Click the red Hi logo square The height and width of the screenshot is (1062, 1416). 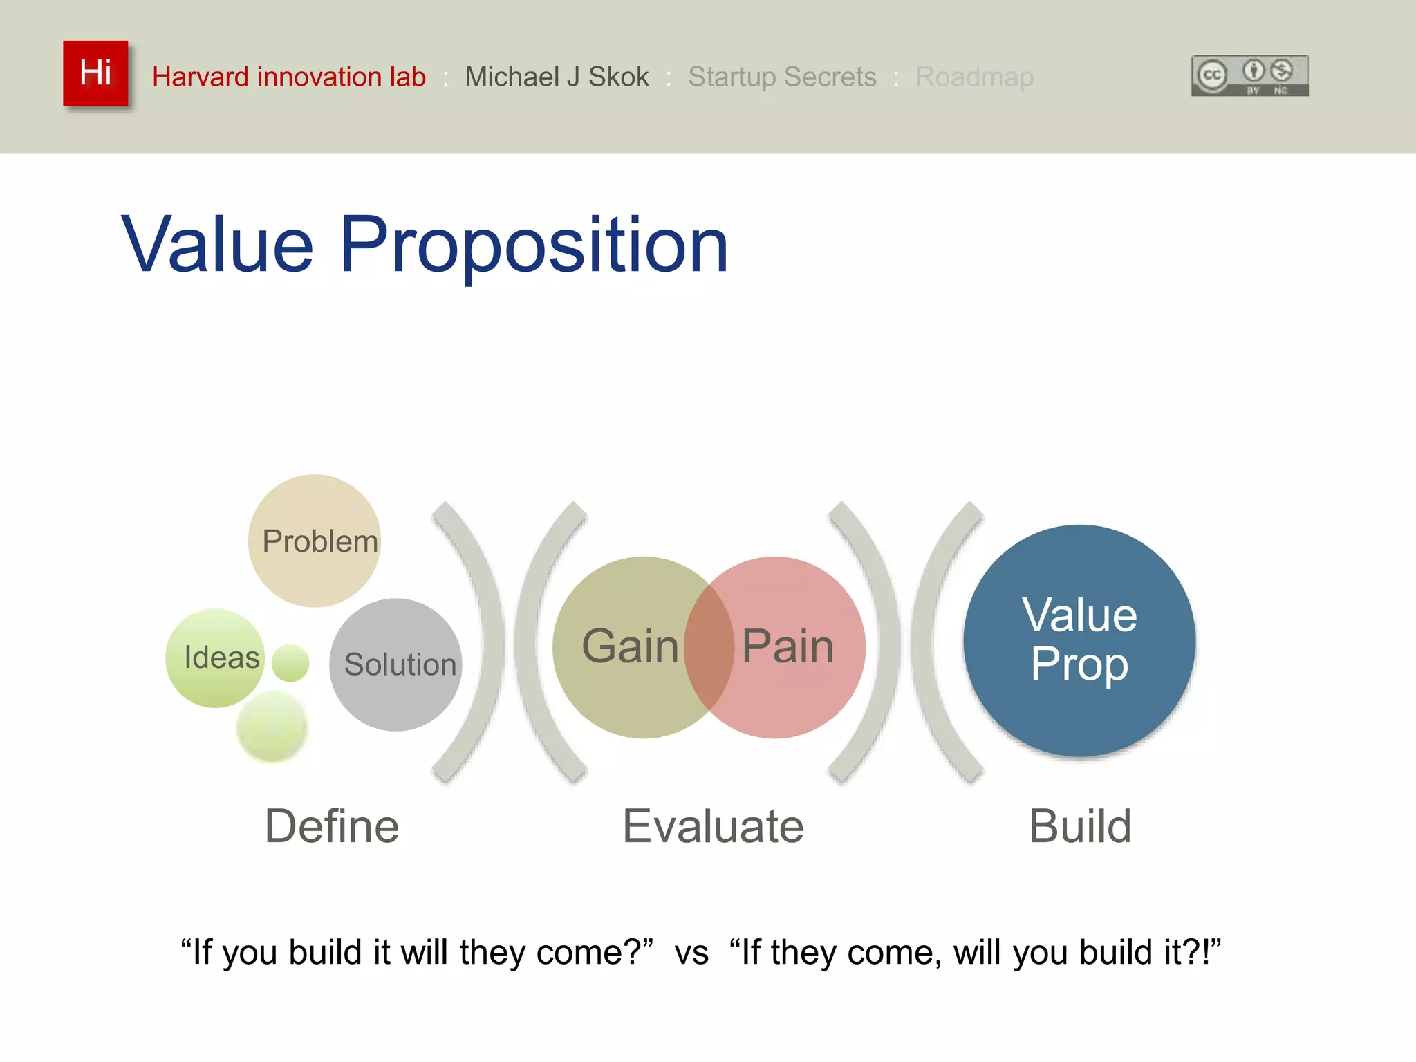click(x=95, y=73)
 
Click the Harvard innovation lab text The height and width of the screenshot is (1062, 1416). click(x=288, y=77)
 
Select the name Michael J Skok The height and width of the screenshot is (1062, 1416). click(x=557, y=77)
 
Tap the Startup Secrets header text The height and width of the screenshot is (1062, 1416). click(x=781, y=77)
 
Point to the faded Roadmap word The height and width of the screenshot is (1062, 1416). click(x=974, y=77)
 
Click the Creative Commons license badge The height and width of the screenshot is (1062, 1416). click(x=1249, y=75)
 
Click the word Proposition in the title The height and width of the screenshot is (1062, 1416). click(x=534, y=245)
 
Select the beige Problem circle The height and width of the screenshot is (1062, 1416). click(x=315, y=541)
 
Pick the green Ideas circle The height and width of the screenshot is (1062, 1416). click(x=216, y=658)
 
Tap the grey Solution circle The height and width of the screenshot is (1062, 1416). click(x=396, y=664)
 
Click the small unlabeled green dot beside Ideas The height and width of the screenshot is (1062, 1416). click(x=290, y=663)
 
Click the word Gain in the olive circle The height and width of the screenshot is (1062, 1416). click(x=629, y=646)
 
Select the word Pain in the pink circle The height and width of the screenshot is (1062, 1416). click(x=788, y=646)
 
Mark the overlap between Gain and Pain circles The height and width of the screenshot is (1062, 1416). click(x=709, y=646)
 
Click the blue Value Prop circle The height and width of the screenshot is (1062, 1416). click(x=1079, y=640)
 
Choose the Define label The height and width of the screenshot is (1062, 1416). click(x=332, y=826)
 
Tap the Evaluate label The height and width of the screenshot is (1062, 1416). click(x=713, y=826)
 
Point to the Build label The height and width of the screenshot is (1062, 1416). click(x=1079, y=826)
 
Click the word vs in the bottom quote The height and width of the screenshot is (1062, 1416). click(x=691, y=953)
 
